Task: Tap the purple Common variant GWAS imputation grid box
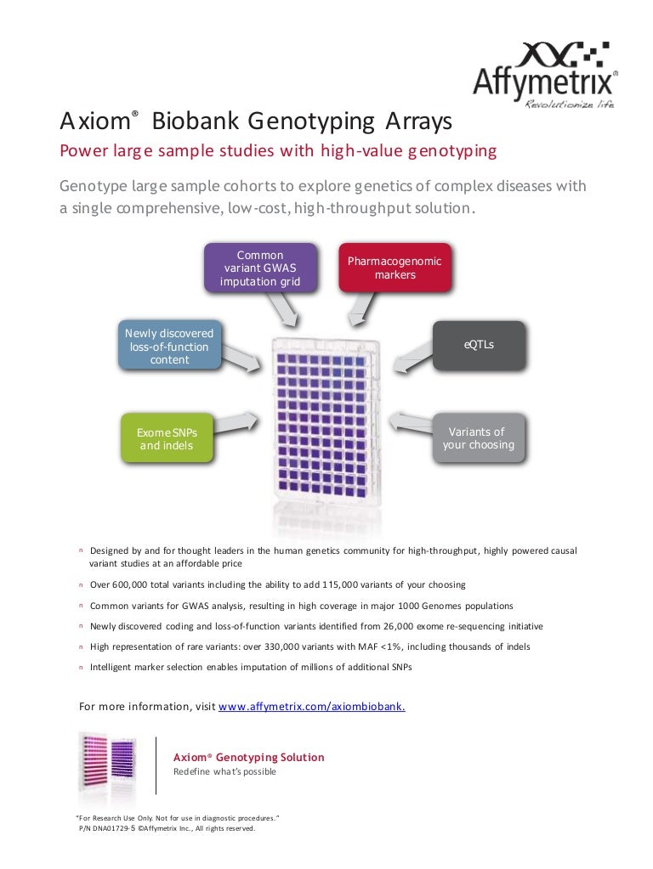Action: [260, 268]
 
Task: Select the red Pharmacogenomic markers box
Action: [395, 268]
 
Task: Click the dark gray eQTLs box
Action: [479, 346]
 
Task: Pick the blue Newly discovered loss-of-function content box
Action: [169, 347]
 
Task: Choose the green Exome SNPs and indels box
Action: [166, 438]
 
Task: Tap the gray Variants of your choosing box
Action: [478, 438]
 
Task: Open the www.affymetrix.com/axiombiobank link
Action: [311, 706]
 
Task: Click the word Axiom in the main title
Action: [94, 121]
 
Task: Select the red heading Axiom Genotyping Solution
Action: [248, 757]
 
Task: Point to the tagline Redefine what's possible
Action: [224, 772]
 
